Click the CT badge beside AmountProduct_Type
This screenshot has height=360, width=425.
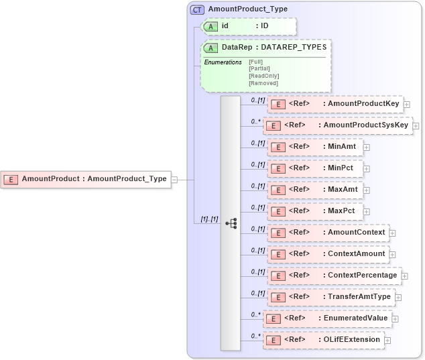[197, 9]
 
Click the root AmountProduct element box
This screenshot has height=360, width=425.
[85, 179]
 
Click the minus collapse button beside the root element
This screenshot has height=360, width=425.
[174, 180]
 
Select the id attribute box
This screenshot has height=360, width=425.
[249, 26]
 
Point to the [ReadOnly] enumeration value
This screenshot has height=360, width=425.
[263, 76]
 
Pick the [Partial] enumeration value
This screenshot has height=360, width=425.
[261, 68]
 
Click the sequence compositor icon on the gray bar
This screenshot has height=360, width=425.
[231, 223]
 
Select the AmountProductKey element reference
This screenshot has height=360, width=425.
[335, 104]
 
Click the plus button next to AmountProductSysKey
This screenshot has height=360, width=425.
[416, 125]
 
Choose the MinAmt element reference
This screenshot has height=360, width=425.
[314, 147]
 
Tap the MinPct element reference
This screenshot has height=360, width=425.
[314, 168]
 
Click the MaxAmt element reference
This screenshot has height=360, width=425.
[316, 190]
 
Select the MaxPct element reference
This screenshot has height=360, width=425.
[315, 211]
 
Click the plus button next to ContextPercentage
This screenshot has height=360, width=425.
[405, 276]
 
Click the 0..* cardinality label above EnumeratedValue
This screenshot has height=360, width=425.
[255, 314]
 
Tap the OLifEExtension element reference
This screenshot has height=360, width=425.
[324, 340]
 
